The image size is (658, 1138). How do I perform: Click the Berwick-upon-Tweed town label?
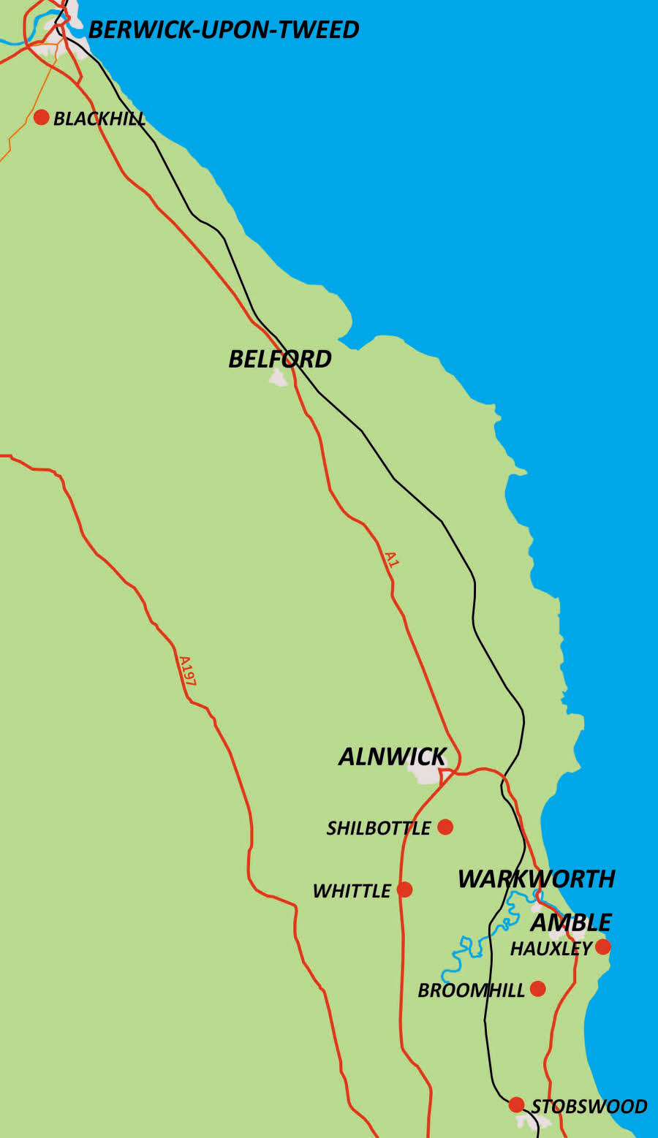223,30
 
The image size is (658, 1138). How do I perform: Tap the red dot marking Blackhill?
41,117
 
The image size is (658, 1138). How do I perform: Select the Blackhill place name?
99,119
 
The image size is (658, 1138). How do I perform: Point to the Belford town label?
280,359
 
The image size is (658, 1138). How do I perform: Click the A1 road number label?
392,560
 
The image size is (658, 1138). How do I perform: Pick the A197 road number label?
187,671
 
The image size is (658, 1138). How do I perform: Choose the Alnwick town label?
393,756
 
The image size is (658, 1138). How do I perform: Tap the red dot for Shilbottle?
445,827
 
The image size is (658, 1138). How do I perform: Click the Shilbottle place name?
379,828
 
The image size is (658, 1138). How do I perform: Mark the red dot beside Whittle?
404,889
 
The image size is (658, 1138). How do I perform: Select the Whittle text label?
352,891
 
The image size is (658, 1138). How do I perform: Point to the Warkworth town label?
536,879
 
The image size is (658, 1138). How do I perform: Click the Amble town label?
571,922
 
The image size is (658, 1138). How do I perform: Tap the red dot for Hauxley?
602,947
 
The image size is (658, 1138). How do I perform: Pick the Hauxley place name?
551,949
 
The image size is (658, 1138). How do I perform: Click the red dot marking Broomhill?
537,989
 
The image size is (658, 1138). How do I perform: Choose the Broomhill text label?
471,990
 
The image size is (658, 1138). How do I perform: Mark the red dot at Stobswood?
516,1104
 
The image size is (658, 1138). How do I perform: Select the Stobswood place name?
589,1107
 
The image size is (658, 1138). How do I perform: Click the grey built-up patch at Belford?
278,378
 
